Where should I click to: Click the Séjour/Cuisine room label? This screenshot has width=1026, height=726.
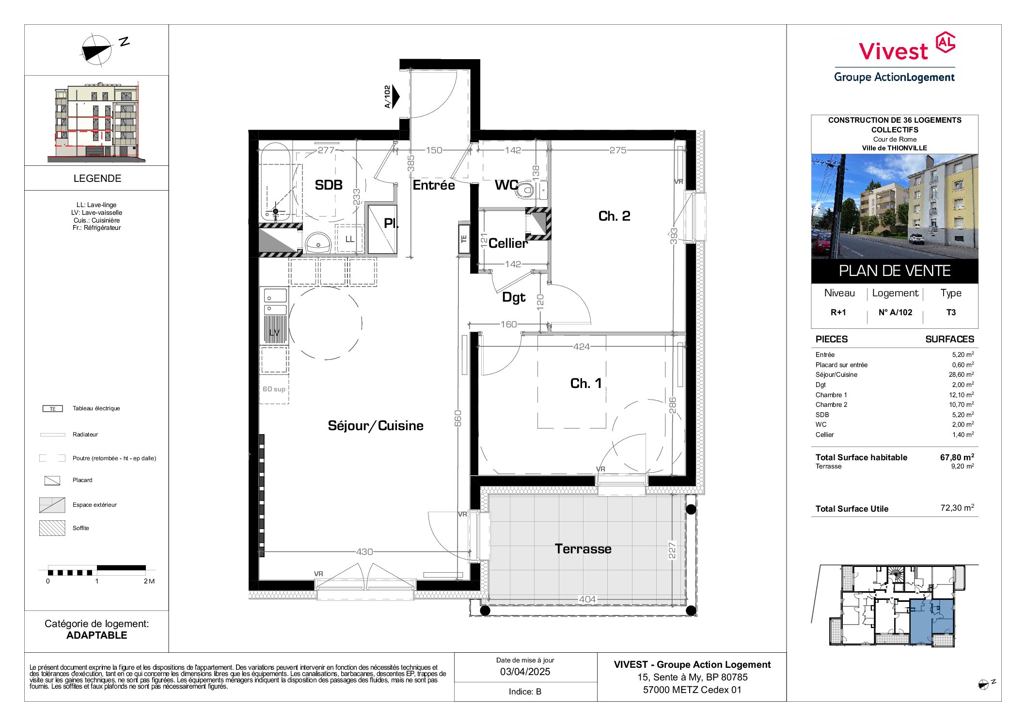[x=376, y=426]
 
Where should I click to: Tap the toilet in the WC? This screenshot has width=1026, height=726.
[x=525, y=191]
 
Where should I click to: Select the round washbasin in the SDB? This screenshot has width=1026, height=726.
[x=318, y=242]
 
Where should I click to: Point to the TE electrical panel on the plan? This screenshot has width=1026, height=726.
[x=464, y=238]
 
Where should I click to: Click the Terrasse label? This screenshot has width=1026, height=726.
[x=583, y=549]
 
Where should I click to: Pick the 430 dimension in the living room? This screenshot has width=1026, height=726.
[x=364, y=552]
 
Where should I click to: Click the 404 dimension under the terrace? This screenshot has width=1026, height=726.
[x=587, y=599]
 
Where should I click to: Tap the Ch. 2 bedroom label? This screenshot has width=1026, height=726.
[x=614, y=216]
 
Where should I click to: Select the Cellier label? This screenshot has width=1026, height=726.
[x=508, y=243]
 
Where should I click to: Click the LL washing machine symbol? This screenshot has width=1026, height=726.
[x=349, y=239]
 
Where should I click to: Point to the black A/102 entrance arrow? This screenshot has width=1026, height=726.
[x=395, y=97]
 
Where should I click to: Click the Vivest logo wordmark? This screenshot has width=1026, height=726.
[x=893, y=51]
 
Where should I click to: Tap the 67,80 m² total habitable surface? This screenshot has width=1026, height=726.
[x=957, y=457]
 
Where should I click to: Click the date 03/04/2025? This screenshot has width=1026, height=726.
[x=525, y=672]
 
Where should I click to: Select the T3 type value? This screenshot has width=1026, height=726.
[x=951, y=312]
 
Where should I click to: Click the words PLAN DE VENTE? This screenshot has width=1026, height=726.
[x=895, y=271]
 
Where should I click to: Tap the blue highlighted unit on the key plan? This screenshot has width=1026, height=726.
[x=931, y=621]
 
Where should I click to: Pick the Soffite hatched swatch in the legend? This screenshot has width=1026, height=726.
[x=52, y=528]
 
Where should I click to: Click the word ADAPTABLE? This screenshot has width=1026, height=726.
[x=97, y=635]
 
